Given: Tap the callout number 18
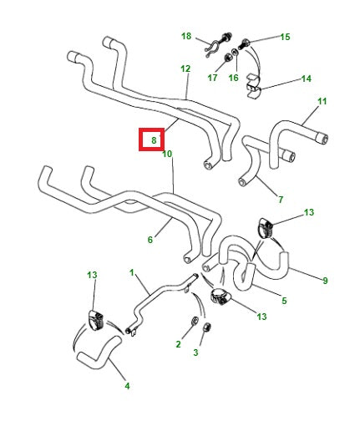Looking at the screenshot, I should (186, 36).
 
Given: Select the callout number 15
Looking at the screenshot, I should (285, 37).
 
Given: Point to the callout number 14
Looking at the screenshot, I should (306, 79).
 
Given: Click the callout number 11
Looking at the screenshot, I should (322, 102).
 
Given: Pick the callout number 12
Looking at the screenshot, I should (185, 68).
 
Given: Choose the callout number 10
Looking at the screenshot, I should (167, 154).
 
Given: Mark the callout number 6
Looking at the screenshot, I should (150, 240).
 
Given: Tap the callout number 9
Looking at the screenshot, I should (325, 280).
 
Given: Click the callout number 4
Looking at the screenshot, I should (127, 386).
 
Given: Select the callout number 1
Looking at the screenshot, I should (132, 272).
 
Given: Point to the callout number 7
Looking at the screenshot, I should (280, 199).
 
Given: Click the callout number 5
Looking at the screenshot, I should (284, 301).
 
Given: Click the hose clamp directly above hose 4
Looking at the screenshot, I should (95, 320).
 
